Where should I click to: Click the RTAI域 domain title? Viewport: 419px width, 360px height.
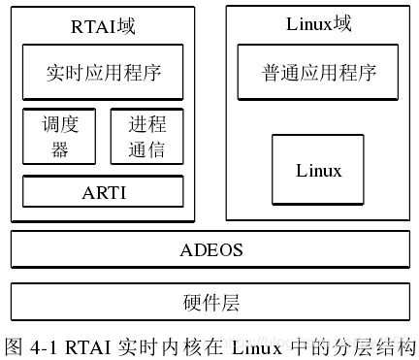click(103, 26)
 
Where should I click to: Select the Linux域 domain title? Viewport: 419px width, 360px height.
click(319, 22)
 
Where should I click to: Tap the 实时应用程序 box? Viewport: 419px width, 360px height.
click(103, 72)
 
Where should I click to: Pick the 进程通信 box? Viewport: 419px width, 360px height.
click(146, 136)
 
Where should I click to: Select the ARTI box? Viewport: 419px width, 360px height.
click(103, 191)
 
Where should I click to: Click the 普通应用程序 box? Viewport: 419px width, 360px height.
click(318, 72)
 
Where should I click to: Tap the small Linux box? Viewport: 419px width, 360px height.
click(318, 171)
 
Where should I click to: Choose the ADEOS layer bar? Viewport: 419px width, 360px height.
click(210, 249)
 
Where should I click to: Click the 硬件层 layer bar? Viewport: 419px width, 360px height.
click(210, 302)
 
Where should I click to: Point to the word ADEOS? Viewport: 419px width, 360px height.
click(210, 249)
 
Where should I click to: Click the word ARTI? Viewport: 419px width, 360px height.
click(103, 191)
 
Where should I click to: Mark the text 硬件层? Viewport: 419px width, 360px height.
click(210, 302)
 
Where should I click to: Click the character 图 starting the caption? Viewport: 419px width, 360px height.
click(14, 345)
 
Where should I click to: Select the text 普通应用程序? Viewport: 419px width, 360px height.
click(318, 72)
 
